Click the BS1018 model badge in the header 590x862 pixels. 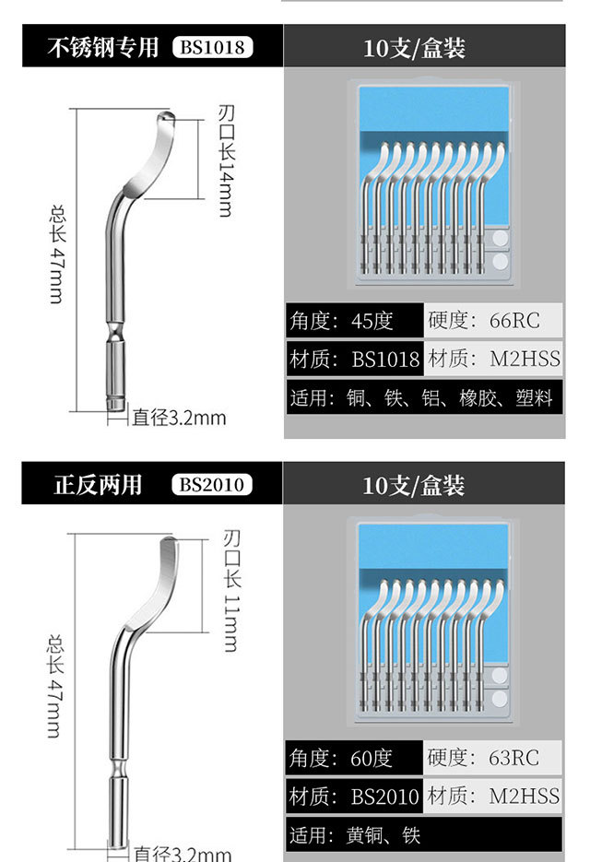click(212, 47)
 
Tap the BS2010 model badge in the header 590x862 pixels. click(212, 485)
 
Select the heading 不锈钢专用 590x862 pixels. click(103, 47)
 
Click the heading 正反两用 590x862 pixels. click(98, 485)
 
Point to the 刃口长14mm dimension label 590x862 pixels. click(225, 160)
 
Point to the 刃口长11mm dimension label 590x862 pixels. click(230, 590)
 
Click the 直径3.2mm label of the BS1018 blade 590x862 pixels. click(178, 418)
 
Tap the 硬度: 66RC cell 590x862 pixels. click(495, 321)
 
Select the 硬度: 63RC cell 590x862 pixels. click(495, 758)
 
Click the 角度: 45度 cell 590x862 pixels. click(354, 321)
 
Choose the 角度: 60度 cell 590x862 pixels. click(354, 758)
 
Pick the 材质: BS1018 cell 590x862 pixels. click(354, 359)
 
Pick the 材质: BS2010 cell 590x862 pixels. click(354, 796)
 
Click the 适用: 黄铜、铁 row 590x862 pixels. click(423, 835)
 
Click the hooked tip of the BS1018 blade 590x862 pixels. click(165, 117)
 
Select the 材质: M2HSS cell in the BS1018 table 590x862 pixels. click(495, 359)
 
